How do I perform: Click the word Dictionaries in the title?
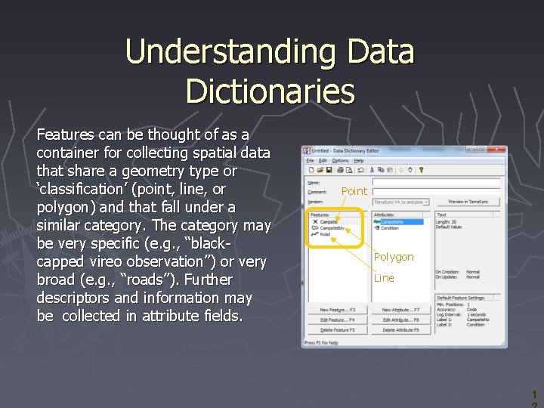(270, 91)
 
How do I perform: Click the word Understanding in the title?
(227, 51)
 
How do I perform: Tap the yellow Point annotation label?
(354, 191)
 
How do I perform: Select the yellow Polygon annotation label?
(394, 257)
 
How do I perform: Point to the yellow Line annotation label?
(384, 278)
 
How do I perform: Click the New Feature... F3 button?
(337, 311)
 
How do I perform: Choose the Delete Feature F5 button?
(337, 330)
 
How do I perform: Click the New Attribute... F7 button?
(401, 311)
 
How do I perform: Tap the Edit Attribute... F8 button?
(401, 320)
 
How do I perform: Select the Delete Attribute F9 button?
(401, 330)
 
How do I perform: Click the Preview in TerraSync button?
(467, 202)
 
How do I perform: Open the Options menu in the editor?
(341, 161)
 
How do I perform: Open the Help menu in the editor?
(359, 161)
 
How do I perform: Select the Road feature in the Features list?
(326, 234)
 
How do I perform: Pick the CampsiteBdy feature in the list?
(332, 228)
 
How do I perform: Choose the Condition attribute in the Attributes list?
(390, 228)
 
